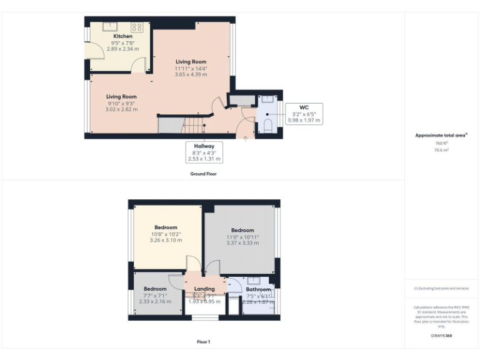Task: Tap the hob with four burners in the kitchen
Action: pyautogui.click(x=137, y=27)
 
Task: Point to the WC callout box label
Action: pyautogui.click(x=304, y=107)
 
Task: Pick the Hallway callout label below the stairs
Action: pyautogui.click(x=204, y=146)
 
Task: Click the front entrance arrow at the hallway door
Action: pyautogui.click(x=246, y=139)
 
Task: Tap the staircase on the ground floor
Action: pyautogui.click(x=194, y=127)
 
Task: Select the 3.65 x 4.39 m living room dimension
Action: pyautogui.click(x=191, y=74)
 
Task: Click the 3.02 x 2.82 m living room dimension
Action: pyautogui.click(x=121, y=109)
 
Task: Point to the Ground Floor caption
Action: pyautogui.click(x=204, y=173)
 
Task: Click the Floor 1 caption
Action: pyautogui.click(x=204, y=342)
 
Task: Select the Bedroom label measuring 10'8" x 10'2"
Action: pyautogui.click(x=166, y=227)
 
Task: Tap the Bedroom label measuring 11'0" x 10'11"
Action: pyautogui.click(x=242, y=230)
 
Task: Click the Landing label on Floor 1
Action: pyautogui.click(x=204, y=289)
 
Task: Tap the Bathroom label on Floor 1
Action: pyautogui.click(x=258, y=289)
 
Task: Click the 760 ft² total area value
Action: pyautogui.click(x=441, y=143)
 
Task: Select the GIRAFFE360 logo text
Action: pyautogui.click(x=441, y=336)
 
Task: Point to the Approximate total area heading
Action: pyautogui.click(x=441, y=135)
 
